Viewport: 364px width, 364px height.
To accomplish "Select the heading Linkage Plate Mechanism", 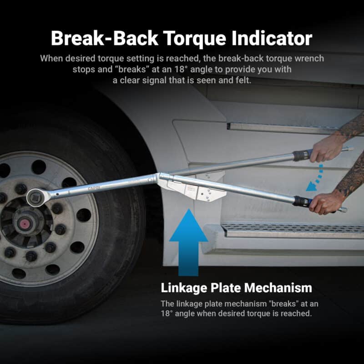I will click(x=236, y=288).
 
